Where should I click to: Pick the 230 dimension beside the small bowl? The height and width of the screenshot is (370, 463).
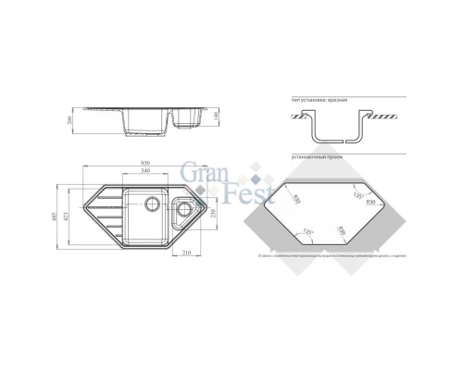tap(215, 214)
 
